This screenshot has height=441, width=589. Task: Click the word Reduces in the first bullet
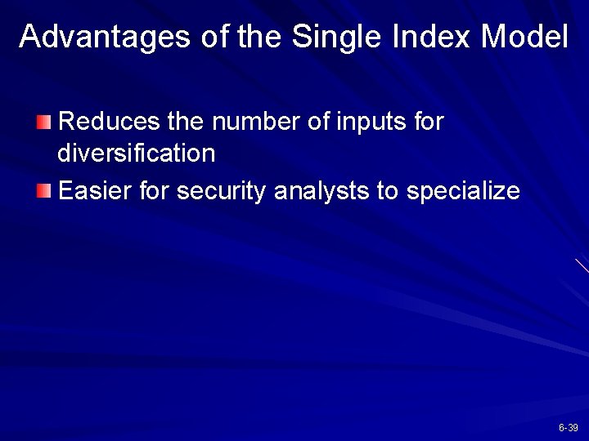tap(110, 122)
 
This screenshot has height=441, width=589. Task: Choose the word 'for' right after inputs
tap(429, 122)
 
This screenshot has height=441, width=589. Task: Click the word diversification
tap(137, 153)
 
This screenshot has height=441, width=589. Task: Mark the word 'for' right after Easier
tap(155, 191)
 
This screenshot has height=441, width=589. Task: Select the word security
tap(222, 193)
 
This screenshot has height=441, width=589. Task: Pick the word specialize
tap(463, 193)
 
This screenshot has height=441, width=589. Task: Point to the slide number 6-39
tap(569, 428)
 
